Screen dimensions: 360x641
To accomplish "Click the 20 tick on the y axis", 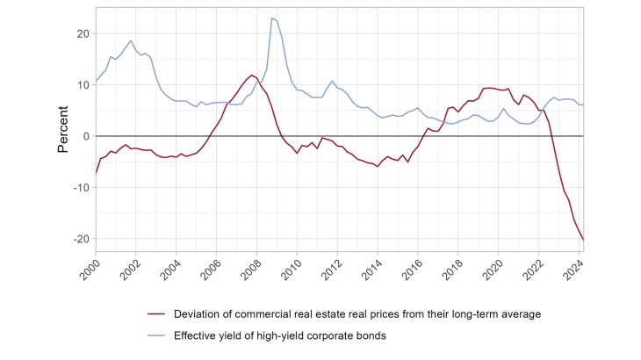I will [83, 33].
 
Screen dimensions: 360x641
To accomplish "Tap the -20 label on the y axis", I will [80, 239].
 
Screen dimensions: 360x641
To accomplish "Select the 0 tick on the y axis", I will [85, 136].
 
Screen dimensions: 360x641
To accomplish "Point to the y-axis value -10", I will [80, 188].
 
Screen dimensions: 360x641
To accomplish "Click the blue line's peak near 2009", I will [271, 18].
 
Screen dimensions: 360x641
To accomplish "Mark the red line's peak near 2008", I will [252, 75].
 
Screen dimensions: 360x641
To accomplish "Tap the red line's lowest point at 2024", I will [584, 240].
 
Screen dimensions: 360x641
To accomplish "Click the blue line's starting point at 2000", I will [95, 81].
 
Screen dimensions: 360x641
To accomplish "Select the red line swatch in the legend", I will [159, 314].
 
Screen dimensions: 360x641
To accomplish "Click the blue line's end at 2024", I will [584, 104].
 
